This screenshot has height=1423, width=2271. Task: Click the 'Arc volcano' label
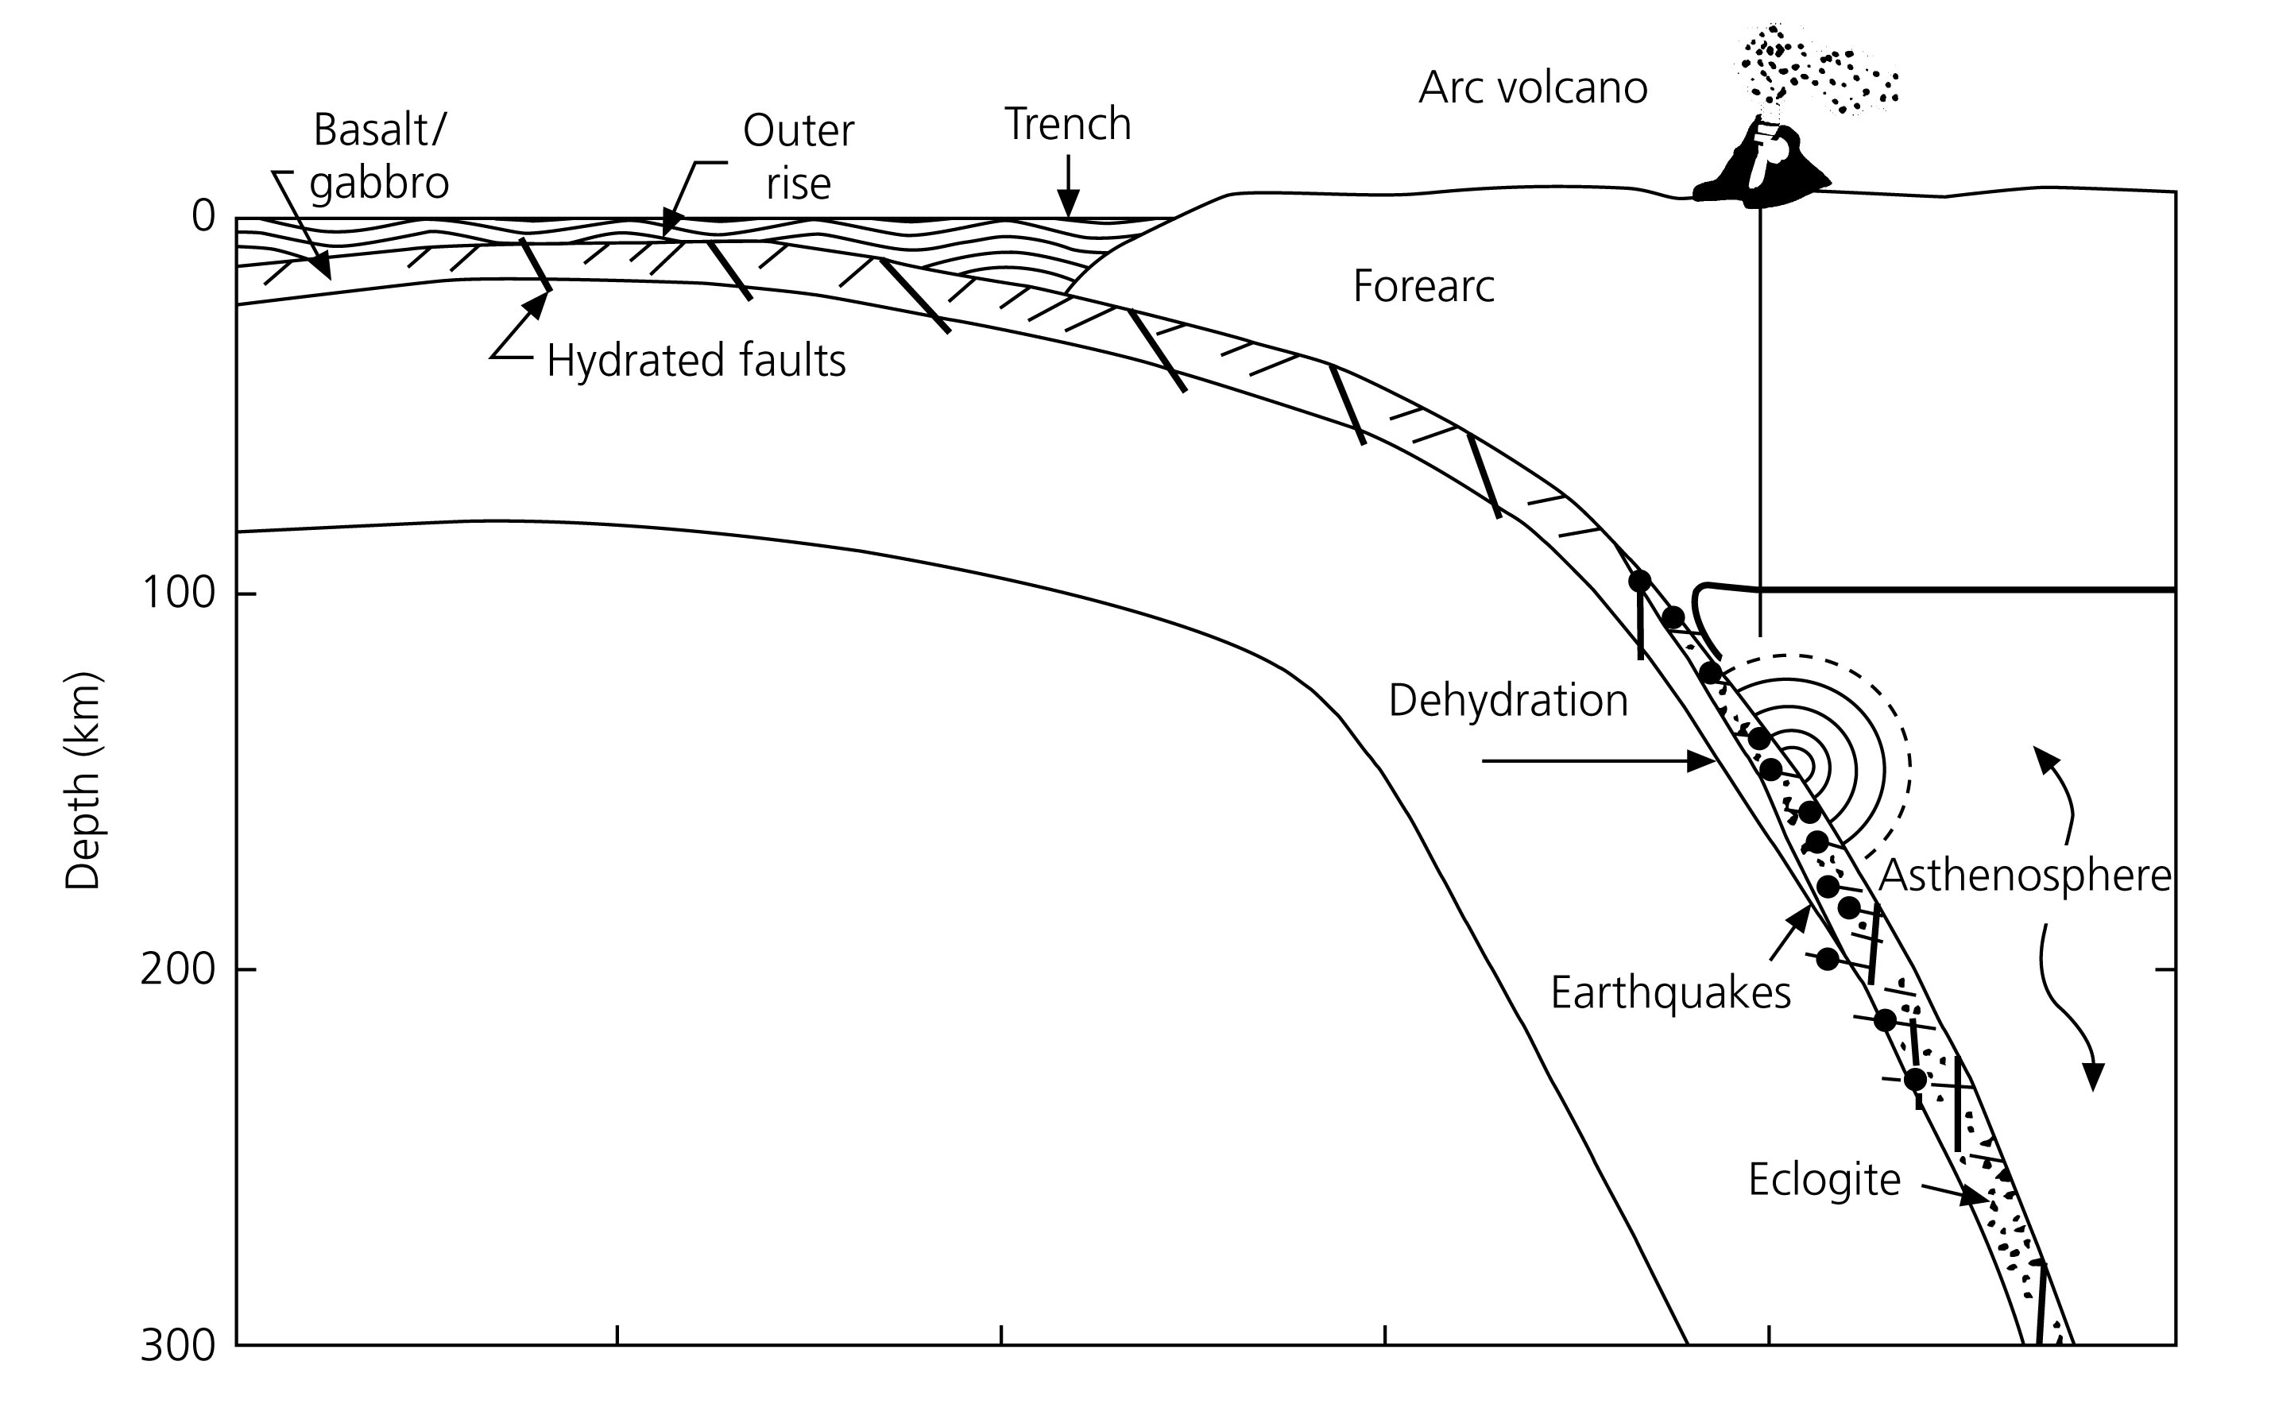tap(1532, 87)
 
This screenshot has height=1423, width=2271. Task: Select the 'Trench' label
tap(1067, 124)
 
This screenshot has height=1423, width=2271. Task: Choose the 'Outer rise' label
tap(798, 157)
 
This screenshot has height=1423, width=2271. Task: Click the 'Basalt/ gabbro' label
tap(378, 157)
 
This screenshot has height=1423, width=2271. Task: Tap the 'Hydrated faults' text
tap(695, 361)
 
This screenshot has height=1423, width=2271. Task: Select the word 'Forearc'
tap(1423, 286)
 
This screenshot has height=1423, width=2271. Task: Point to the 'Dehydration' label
tap(1507, 701)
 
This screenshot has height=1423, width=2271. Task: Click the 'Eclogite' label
tap(1824, 1180)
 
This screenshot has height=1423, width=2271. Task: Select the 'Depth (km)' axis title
tap(83, 781)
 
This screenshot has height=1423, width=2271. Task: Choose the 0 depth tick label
tap(203, 216)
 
